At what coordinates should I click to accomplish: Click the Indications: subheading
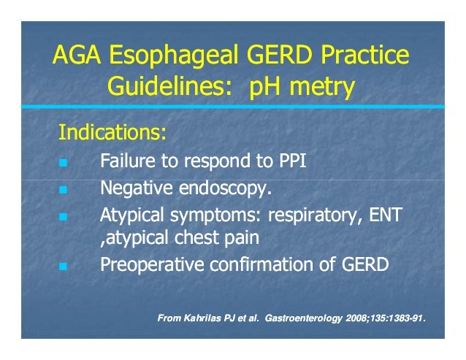point(112,134)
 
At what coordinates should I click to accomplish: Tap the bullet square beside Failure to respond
point(63,162)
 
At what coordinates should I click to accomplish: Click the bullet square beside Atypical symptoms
point(63,217)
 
